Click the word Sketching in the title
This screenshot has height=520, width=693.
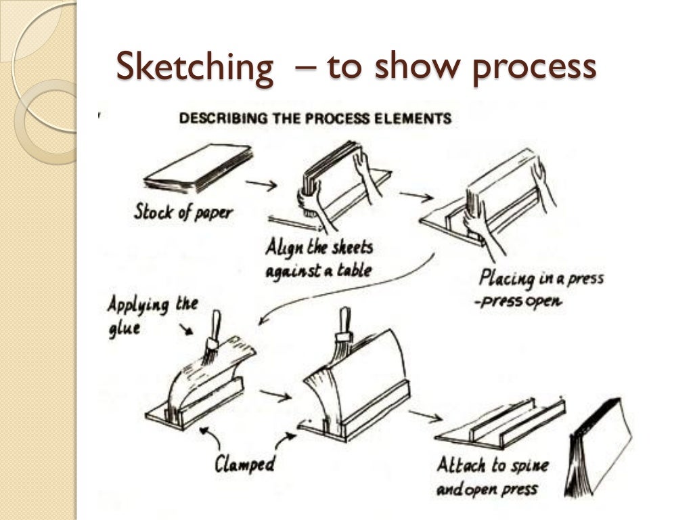pos(194,67)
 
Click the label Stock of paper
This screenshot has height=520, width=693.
pos(183,211)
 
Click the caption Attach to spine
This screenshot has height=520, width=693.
pos(492,466)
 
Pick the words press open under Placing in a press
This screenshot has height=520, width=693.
pos(520,301)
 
